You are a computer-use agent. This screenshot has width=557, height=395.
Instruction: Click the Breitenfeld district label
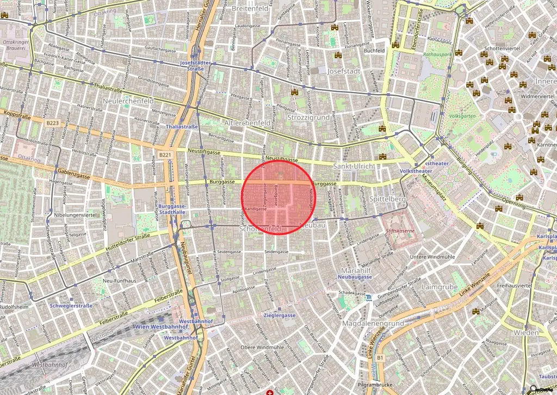coord(250,9)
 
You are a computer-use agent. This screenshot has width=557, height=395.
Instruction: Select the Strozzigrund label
coord(307,118)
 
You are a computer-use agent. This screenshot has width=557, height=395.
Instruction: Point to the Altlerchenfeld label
coord(247,124)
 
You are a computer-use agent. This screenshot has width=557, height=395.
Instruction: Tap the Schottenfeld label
coord(261,230)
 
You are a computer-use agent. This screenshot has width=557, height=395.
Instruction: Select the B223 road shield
coord(53,123)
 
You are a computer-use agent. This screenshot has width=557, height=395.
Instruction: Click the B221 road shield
coord(166,156)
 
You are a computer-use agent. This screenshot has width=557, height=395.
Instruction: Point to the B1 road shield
coord(380,357)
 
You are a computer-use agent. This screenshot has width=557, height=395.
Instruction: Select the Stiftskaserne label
coord(400,231)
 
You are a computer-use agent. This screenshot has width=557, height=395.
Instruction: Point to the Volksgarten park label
coord(460,115)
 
